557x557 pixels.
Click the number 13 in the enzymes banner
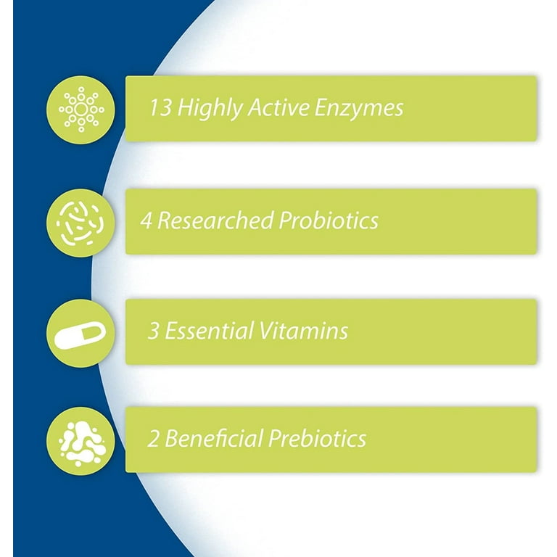161,107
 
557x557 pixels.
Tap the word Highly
210,108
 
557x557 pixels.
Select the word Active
278,107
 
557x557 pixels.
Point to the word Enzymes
359,108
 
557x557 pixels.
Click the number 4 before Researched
147,220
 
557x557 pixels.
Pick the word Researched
215,220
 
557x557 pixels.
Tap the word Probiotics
329,220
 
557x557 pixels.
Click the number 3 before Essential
153,331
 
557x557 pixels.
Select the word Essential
209,331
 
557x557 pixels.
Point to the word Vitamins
303,331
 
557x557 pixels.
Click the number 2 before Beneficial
153,438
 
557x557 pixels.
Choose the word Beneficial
214,438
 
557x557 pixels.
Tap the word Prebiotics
317,438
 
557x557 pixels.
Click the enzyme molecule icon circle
81,110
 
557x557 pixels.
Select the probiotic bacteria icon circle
81,223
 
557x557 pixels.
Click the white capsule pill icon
81,335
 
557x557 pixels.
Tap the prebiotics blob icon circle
81,441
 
